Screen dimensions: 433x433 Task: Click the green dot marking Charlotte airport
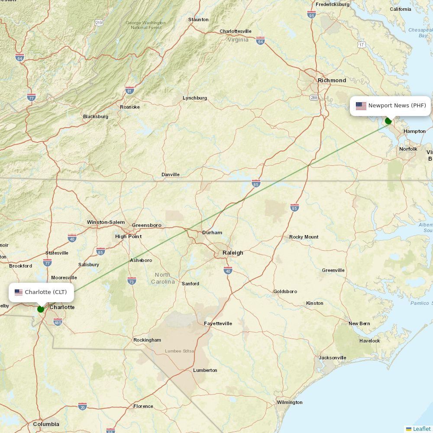(x=41, y=309)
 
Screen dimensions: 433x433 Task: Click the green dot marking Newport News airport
(x=388, y=121)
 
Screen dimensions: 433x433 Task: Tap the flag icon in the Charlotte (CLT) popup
(x=19, y=292)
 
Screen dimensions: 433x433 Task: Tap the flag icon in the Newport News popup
(x=361, y=106)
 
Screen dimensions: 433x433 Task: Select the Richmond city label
(x=332, y=80)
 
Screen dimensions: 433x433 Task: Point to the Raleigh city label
(x=233, y=252)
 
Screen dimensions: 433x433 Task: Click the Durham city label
(x=212, y=233)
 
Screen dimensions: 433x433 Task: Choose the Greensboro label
(x=146, y=225)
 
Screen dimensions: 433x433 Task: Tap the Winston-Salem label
(x=106, y=222)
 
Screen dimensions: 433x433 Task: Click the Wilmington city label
(x=290, y=402)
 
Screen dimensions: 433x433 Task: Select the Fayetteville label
(x=218, y=323)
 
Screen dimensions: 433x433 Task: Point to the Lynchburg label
(x=194, y=98)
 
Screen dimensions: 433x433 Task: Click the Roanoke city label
(x=129, y=107)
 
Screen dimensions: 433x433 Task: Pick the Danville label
(x=170, y=174)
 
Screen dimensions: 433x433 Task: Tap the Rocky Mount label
(x=304, y=237)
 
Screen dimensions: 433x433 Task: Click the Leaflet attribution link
(x=421, y=429)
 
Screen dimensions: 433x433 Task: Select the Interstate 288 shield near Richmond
(x=314, y=97)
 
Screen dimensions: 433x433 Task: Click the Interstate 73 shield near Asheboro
(x=132, y=281)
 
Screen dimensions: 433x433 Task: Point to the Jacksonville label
(x=333, y=358)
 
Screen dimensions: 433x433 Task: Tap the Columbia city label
(x=46, y=424)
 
